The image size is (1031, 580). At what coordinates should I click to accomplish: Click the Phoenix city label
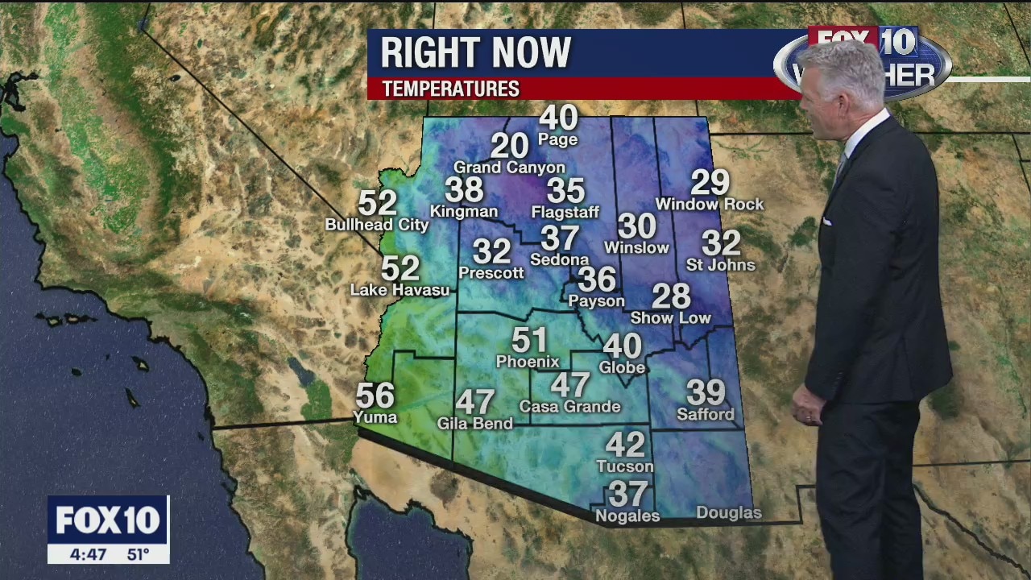pos(528,362)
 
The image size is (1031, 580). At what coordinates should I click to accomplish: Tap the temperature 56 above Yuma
pos(375,396)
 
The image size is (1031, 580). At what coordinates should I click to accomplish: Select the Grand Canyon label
pos(509,168)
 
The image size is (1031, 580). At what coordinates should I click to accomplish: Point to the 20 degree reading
pos(509,146)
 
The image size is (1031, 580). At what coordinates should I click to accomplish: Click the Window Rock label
pos(709,205)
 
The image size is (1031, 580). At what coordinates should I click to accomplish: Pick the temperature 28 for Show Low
pos(671,296)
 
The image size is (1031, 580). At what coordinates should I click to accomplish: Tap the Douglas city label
pos(728,513)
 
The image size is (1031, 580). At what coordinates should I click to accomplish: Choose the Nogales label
pos(627,516)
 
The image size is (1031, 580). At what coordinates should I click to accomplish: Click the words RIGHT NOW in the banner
pos(475,53)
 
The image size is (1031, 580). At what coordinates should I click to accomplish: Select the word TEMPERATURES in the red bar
pos(450,89)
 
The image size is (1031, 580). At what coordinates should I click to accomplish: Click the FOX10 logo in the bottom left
pos(108,520)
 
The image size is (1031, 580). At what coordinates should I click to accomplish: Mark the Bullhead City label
pos(377,226)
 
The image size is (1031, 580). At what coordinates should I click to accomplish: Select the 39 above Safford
pos(706,392)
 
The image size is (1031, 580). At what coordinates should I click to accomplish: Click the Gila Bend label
pos(474,424)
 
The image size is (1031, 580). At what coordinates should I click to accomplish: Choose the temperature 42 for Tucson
pos(625,444)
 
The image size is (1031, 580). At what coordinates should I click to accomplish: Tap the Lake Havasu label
pos(400,290)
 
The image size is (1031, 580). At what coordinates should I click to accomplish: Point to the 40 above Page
pos(558,118)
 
